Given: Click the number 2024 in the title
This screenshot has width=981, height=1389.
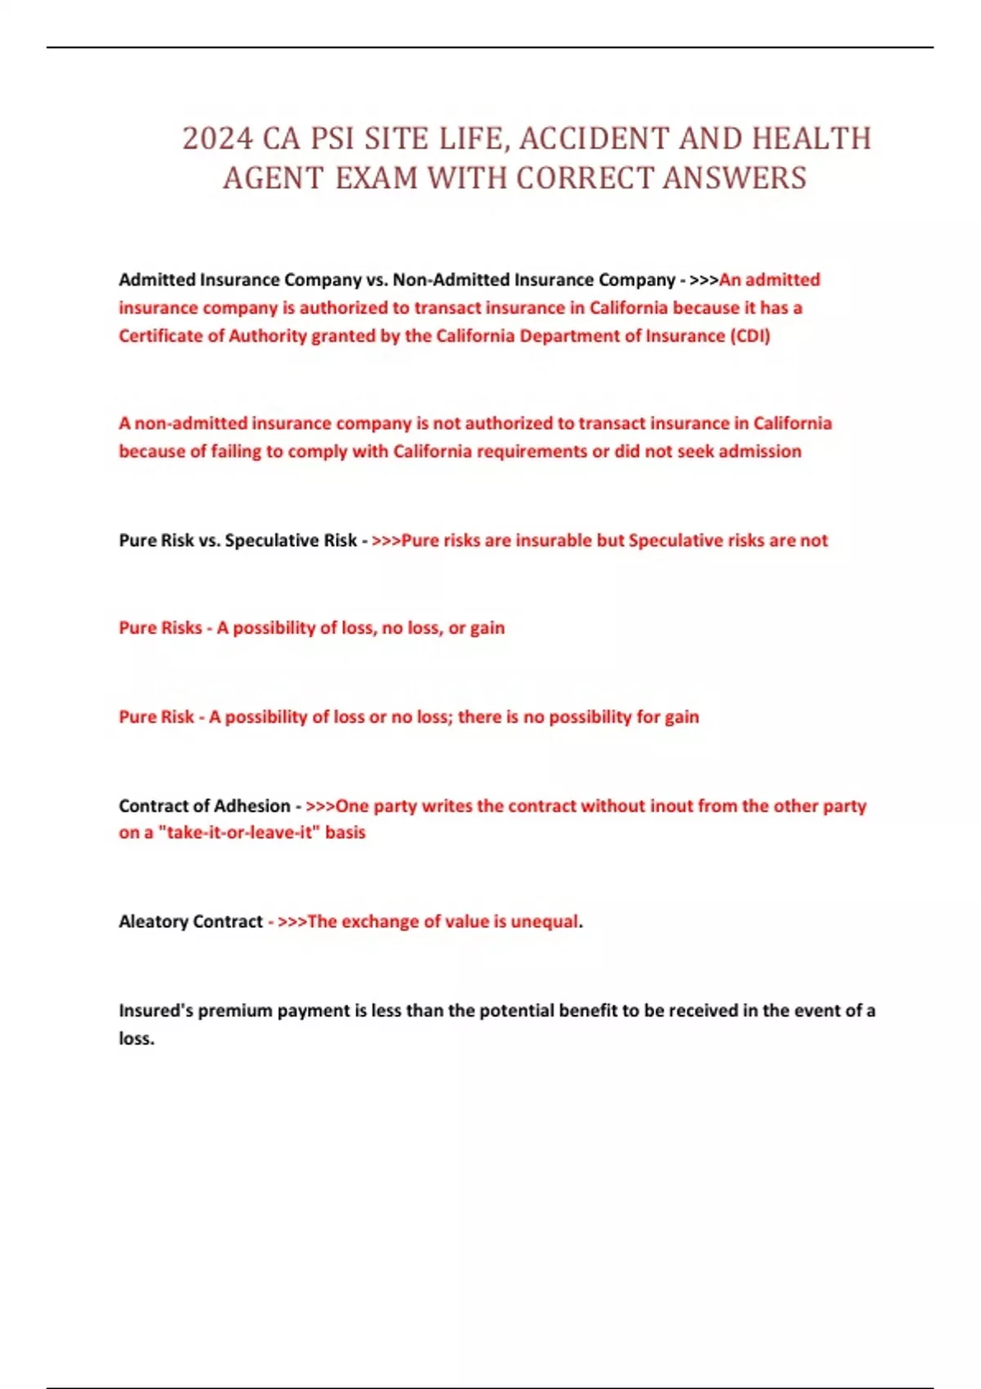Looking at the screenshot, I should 217,139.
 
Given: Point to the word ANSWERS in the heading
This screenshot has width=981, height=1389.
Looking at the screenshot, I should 734,178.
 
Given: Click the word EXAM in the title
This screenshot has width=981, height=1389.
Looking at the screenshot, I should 377,178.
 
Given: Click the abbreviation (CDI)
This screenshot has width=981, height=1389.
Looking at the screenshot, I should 750,336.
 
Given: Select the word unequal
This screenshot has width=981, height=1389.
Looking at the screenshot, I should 544,922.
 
